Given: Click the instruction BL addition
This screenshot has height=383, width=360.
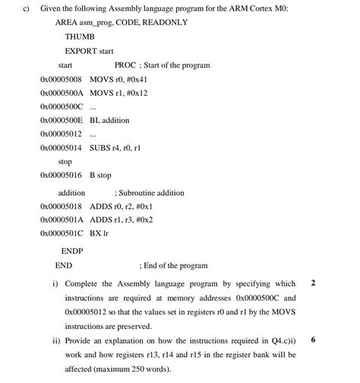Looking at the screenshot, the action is coord(109,120).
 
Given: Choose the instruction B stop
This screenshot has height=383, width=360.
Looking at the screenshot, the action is coord(100,176).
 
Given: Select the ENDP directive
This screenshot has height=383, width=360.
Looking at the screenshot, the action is coord(72,250).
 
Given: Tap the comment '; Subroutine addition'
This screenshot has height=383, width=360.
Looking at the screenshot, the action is coord(149,193).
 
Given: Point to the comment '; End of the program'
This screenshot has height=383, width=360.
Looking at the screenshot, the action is coord(173,265).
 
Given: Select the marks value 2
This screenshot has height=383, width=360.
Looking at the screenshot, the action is coord(314,283).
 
